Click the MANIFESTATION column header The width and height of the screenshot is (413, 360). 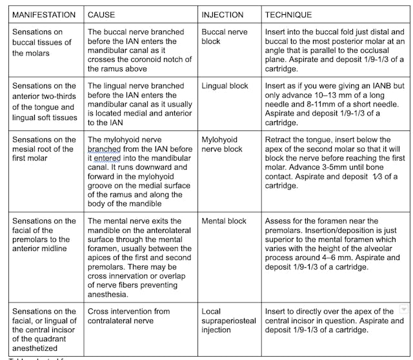44,14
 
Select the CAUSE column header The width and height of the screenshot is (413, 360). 102,14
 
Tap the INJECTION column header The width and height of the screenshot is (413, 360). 223,14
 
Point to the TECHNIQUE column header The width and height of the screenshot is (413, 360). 288,14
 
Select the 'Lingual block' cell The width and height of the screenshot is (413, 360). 225,86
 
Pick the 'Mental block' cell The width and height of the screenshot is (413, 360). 224,221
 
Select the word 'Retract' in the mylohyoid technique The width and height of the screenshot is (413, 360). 280,139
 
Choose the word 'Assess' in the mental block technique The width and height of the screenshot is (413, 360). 279,221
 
